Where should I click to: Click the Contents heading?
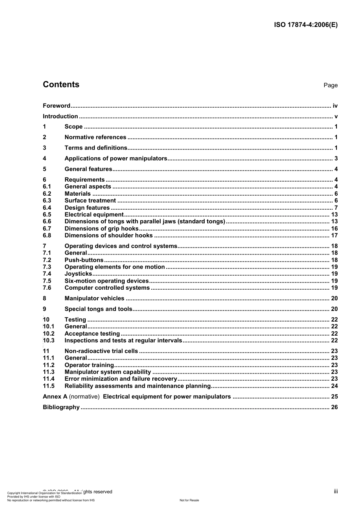pos(61,85)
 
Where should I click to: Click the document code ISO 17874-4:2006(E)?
pos(305,25)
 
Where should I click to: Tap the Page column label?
pos(330,85)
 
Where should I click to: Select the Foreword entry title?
pos(56,106)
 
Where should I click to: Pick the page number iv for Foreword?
pos(335,106)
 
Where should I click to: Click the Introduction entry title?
pos(60,116)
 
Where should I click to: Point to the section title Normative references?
pos(95,137)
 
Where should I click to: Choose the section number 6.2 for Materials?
pos(47,194)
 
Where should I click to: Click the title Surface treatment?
pos(90,201)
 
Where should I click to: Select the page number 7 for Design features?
pos(336,208)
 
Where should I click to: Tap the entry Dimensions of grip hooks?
pos(102,229)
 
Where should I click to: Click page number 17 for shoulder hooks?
pos(334,235)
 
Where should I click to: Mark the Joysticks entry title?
pos(78,274)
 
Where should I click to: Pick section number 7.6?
pos(47,288)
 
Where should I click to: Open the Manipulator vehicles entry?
pos(94,298)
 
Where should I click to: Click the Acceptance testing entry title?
pos(92,334)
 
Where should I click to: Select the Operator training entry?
pos(89,365)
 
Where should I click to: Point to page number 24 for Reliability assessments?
pos(334,386)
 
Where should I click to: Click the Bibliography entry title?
pos(61,407)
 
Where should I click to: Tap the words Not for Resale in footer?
pos(189,500)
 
